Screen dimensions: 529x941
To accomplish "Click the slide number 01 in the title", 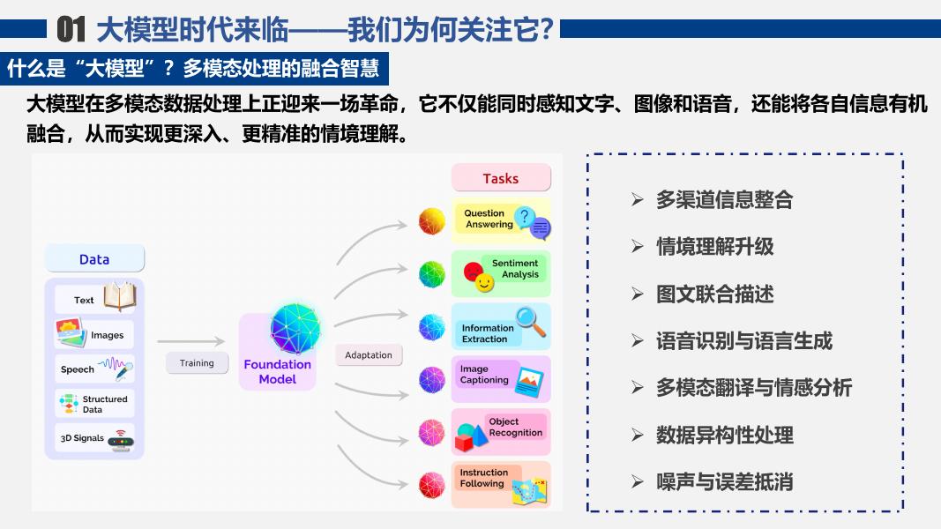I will pos(71,31).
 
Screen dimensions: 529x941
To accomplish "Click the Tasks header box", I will pos(501,178).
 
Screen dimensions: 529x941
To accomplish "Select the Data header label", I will pos(94,259).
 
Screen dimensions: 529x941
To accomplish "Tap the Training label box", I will pos(197,363).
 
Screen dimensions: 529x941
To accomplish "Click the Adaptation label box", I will pos(368,355).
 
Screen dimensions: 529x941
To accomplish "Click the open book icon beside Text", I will pos(119,296).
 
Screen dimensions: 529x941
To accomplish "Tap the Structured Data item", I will pos(94,404).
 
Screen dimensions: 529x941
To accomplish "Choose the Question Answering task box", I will pos(501,220).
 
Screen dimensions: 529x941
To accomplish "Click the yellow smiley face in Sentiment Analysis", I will pos(484,283).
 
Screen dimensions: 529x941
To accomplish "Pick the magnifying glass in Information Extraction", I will pos(531,321).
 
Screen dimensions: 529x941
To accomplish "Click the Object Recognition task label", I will pos(515,428).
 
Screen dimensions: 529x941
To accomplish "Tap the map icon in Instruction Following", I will pos(529,491).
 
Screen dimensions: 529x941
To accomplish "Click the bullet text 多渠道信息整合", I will pos(724,200).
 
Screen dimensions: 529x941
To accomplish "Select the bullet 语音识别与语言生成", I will pos(743,341).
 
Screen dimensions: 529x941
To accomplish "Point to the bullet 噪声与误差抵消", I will pos(724,481).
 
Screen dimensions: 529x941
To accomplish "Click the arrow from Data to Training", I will pos(190,340).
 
